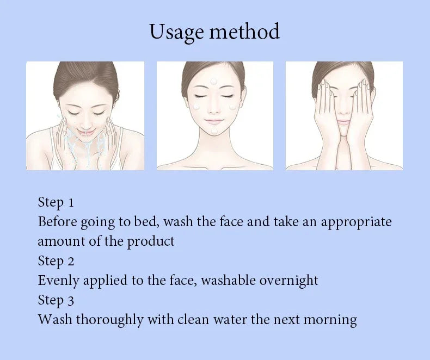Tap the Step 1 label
(x=56, y=202)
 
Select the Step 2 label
(x=56, y=261)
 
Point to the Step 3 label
(x=56, y=300)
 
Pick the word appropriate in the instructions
(x=356, y=222)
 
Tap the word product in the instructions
(x=151, y=241)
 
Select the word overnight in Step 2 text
(x=288, y=281)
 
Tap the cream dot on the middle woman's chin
(x=214, y=131)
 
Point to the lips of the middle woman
(x=214, y=121)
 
